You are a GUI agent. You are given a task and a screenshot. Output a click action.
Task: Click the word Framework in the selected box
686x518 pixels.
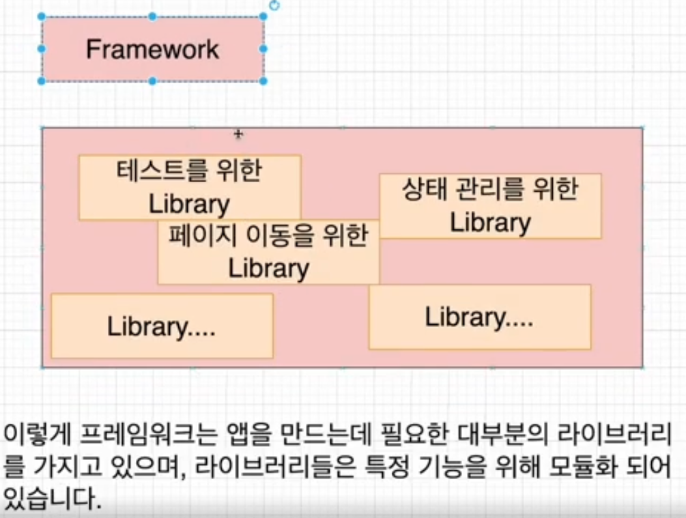[x=152, y=49]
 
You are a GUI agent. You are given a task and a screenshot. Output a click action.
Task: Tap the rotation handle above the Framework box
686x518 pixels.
[x=274, y=5]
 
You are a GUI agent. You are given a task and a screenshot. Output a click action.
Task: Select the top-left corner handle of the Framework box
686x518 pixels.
[x=42, y=16]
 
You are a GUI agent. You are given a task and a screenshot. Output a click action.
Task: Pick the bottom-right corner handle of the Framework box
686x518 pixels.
[x=263, y=81]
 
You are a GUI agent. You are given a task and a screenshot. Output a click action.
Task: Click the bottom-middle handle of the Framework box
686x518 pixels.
[x=152, y=81]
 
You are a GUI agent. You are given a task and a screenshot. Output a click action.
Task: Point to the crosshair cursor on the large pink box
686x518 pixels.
[x=238, y=134]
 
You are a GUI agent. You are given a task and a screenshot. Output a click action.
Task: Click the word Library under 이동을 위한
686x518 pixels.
[x=268, y=268]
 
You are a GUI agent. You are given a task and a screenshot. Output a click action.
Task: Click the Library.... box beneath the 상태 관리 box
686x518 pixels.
[x=479, y=317]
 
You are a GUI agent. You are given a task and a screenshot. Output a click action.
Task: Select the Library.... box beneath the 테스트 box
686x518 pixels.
[x=162, y=327]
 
